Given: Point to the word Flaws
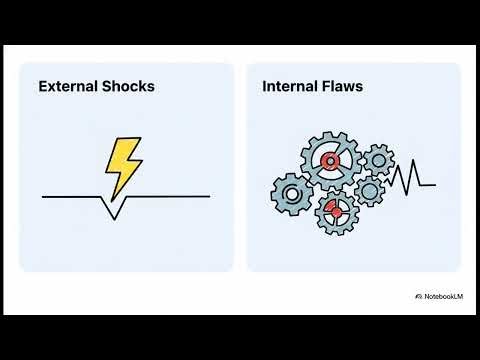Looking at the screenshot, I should tap(342, 87).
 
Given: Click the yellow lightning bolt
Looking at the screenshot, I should tap(123, 166).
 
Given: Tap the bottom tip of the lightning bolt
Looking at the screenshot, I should tap(111, 197).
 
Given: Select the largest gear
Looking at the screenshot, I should tap(330, 161).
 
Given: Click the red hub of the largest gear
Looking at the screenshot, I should tap(330, 161).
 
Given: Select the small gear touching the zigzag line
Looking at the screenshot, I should tap(370, 189).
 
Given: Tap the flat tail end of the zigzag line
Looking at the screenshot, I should tap(429, 185).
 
